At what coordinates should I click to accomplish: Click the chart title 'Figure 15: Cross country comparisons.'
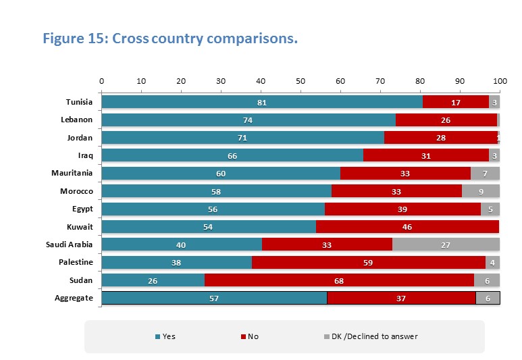tap(170, 38)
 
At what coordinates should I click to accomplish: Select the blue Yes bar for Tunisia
tap(262, 103)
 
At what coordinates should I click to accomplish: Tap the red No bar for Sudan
tap(339, 280)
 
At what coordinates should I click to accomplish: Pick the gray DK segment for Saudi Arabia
tap(446, 245)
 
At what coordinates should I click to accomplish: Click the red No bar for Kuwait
tap(407, 227)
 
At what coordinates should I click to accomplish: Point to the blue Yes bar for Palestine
tap(176, 263)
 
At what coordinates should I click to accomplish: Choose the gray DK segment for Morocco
tap(480, 191)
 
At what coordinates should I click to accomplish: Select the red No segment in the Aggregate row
tap(401, 298)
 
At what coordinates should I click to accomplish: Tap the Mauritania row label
tap(72, 174)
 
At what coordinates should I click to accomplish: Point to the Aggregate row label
tap(74, 298)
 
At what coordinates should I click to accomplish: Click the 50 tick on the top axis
tap(301, 80)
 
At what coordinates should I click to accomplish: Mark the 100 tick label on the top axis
tap(500, 80)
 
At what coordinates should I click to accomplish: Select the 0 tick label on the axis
tap(102, 80)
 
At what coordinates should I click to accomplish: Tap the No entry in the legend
tap(251, 336)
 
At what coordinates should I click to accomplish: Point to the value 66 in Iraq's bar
tap(232, 156)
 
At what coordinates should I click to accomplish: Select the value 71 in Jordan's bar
tap(242, 138)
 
